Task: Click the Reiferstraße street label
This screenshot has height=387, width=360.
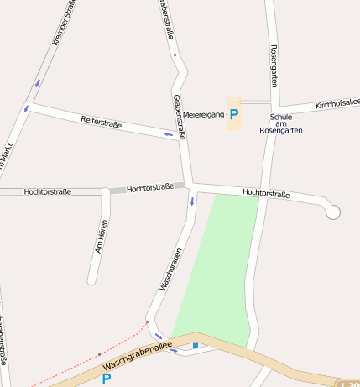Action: pyautogui.click(x=101, y=121)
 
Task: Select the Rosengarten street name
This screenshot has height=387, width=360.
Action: pyautogui.click(x=274, y=65)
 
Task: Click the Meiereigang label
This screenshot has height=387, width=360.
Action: pyautogui.click(x=204, y=114)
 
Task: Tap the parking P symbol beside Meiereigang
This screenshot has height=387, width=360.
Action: pyautogui.click(x=234, y=114)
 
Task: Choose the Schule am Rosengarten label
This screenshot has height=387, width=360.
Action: pyautogui.click(x=280, y=123)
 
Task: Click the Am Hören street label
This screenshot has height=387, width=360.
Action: pyautogui.click(x=102, y=236)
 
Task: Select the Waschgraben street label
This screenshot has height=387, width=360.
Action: pyautogui.click(x=170, y=269)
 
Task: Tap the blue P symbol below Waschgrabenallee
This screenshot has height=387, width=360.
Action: pyautogui.click(x=107, y=379)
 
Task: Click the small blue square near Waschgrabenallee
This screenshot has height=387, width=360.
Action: pyautogui.click(x=196, y=344)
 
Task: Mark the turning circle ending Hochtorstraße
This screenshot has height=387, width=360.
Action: pyautogui.click(x=333, y=212)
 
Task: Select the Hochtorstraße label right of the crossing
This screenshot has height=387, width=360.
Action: pyautogui.click(x=266, y=194)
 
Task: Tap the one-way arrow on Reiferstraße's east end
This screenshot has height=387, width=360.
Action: pyautogui.click(x=168, y=133)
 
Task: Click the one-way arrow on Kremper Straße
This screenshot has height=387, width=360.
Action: pyautogui.click(x=37, y=83)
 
